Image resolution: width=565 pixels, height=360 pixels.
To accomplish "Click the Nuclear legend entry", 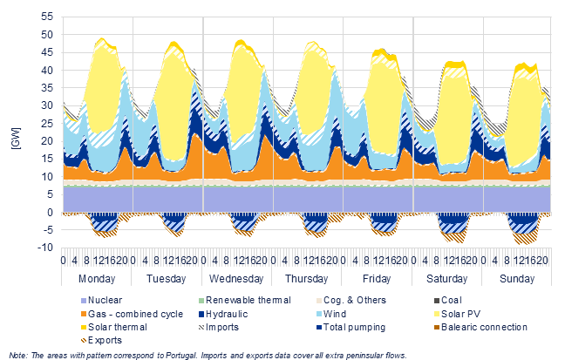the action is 102,300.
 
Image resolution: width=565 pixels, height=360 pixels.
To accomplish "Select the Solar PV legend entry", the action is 457,314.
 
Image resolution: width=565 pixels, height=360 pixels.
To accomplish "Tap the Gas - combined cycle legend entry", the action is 132,314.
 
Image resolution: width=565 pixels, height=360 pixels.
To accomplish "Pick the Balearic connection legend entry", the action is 480,327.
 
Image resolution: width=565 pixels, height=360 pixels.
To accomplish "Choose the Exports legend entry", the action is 102,340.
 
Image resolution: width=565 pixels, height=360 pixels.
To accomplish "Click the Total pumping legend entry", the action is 351,327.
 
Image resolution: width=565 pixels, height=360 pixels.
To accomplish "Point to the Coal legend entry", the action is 448,300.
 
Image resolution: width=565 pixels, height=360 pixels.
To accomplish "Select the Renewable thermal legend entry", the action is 245,300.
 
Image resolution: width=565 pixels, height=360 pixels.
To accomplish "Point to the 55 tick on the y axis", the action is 47,17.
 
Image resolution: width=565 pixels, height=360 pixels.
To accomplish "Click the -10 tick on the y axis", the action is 45,248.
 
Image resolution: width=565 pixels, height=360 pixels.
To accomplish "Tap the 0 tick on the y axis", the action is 50,213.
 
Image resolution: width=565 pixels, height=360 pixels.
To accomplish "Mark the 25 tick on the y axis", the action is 47,123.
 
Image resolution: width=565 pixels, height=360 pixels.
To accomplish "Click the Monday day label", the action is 97,279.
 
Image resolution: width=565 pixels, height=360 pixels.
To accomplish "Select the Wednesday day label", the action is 236,279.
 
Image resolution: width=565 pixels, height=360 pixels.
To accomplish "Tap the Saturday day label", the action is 446,279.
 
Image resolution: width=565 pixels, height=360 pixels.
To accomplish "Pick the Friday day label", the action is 377,279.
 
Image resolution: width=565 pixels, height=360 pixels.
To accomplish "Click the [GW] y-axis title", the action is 17,138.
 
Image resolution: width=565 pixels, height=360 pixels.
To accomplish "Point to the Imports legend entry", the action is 219,327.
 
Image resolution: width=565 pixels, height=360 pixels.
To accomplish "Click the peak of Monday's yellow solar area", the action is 102,38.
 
